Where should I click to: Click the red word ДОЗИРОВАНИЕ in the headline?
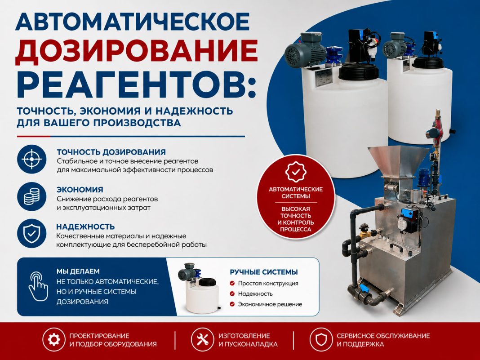tap(137, 51)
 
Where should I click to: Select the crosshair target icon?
tap(31, 159)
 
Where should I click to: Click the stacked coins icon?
tap(31, 196)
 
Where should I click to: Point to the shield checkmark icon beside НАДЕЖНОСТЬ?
tap(31, 234)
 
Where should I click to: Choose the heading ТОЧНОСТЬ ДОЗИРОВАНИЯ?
tap(111, 152)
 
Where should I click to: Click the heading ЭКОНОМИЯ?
tap(80, 190)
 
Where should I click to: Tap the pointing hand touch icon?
tap(38, 286)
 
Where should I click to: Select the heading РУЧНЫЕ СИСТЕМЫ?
tap(264, 272)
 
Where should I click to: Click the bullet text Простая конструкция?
tap(268, 283)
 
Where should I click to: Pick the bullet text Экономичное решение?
tap(270, 304)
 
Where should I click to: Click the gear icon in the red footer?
tap(54, 339)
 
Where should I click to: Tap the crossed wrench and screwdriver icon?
tap(202, 339)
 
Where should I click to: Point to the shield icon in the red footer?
tap(321, 339)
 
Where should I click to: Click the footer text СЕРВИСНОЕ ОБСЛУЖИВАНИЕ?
tap(383, 336)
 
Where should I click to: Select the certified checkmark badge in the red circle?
tap(296, 172)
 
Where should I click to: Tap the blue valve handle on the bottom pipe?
tap(363, 288)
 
